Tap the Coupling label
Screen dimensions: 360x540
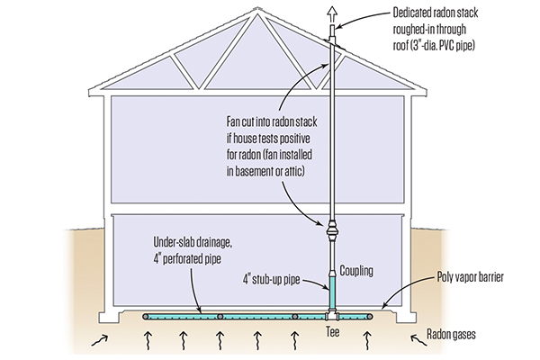click(x=357, y=269)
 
